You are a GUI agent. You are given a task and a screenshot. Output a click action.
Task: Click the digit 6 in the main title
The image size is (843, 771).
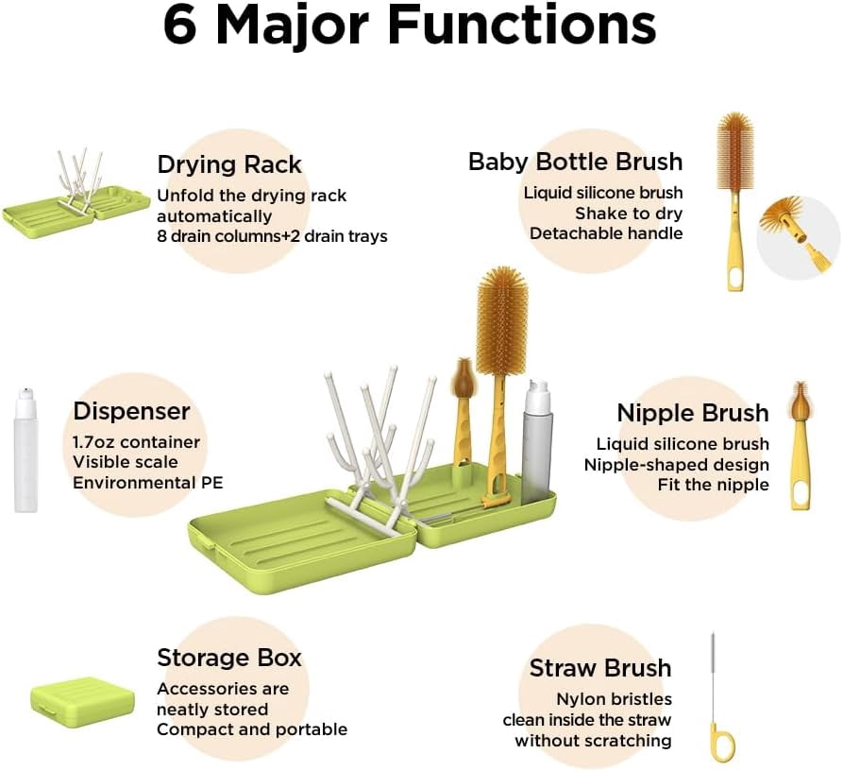(179, 25)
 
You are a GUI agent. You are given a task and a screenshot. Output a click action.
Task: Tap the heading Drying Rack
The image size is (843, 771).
(229, 165)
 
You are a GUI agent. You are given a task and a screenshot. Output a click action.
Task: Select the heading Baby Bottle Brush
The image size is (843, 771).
(575, 162)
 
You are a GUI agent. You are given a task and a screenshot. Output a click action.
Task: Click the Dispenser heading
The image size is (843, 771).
(132, 412)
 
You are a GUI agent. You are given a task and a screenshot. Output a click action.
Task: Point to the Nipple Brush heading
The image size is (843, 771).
(693, 413)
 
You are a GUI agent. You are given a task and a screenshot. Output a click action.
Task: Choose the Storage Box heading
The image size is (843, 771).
(229, 658)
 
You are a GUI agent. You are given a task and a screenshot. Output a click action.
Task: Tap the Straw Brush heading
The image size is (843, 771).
(600, 668)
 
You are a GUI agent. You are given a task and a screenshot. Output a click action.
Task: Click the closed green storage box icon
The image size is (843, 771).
(82, 701)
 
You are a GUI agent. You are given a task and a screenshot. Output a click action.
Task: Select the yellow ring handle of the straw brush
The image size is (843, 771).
(721, 743)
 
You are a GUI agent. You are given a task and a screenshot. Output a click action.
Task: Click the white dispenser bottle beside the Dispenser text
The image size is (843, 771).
(25, 450)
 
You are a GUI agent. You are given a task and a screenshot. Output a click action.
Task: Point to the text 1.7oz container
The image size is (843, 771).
(136, 442)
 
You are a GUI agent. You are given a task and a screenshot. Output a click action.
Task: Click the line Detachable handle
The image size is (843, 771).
(606, 233)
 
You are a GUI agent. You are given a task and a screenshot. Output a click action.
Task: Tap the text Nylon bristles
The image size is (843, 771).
(614, 699)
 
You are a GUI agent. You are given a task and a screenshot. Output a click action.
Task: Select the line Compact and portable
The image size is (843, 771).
(252, 729)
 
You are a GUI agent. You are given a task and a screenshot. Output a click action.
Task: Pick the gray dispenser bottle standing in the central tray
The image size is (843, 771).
(537, 441)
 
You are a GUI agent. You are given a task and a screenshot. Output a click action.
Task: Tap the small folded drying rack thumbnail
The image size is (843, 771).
(76, 195)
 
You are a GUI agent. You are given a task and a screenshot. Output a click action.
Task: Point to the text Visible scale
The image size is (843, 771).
(126, 463)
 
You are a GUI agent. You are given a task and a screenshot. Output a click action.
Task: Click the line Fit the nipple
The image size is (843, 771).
(713, 486)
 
